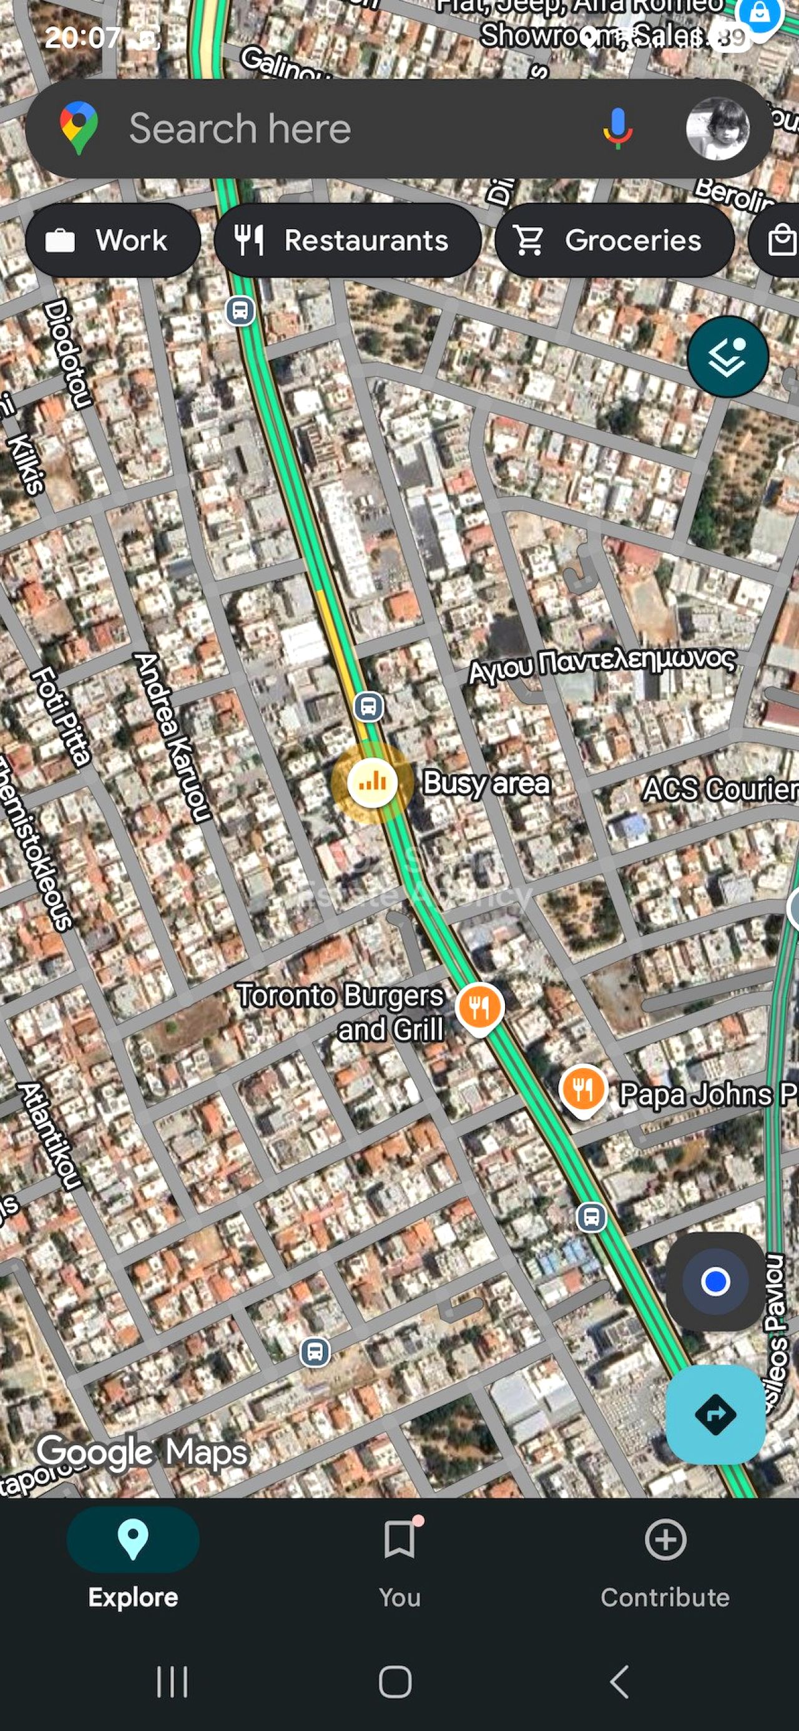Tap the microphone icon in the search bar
coord(617,128)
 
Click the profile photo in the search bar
coord(717,129)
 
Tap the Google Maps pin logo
coord(79,128)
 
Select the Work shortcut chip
coord(113,240)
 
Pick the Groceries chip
coord(614,240)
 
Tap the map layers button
coord(727,356)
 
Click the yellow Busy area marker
coord(371,782)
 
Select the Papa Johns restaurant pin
coord(582,1090)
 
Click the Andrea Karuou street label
coord(173,737)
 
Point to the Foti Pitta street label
coord(61,716)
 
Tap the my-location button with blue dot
coord(714,1281)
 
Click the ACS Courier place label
coord(720,788)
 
